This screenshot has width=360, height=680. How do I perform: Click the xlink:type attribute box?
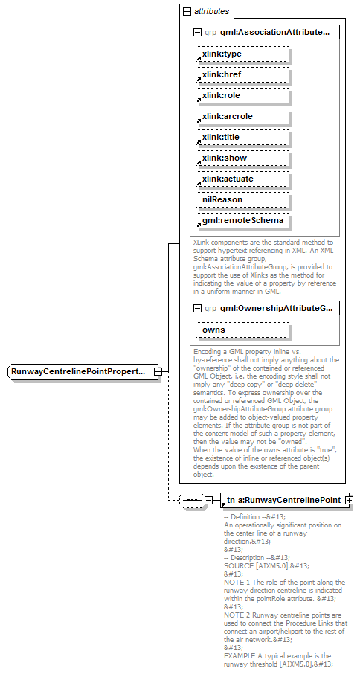242,54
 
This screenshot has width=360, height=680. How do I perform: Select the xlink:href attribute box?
242,75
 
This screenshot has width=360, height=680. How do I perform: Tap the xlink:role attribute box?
242,96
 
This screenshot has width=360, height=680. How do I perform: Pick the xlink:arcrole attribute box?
242,117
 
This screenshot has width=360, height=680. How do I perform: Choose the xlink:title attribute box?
242,138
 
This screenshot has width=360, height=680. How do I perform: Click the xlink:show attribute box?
242,158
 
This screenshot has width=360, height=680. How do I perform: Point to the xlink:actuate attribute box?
242,179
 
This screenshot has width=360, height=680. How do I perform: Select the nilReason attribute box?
242,200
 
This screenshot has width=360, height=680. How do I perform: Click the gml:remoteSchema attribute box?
242,221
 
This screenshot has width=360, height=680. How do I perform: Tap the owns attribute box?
242,330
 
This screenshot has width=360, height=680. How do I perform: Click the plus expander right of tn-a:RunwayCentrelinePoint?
349,501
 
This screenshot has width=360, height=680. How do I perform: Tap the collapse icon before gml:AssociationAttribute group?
197,33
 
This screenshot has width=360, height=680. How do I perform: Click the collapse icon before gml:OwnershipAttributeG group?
197,308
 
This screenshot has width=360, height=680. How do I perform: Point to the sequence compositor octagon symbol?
192,501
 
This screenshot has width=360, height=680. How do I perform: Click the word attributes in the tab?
212,12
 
